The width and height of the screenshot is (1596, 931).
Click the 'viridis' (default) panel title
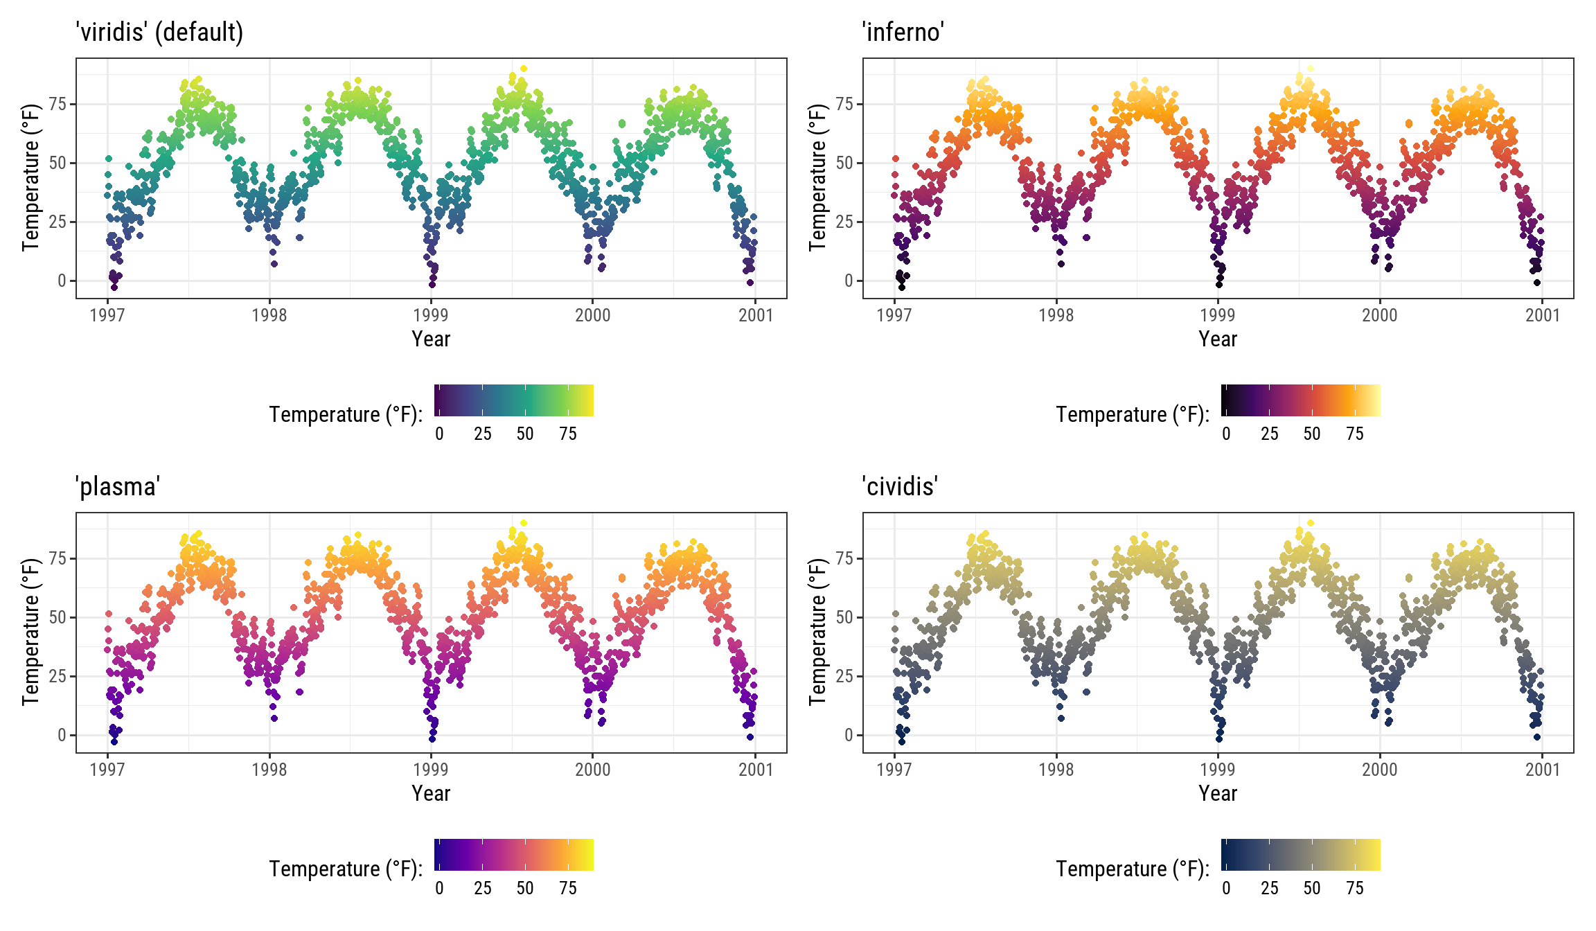tap(159, 32)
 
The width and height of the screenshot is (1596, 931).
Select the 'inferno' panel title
tap(903, 32)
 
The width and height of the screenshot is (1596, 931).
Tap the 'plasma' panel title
tap(118, 486)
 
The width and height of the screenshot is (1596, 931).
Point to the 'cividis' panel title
tap(900, 486)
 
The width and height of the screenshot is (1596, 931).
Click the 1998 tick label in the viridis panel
tap(269, 315)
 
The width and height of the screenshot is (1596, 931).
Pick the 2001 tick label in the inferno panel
tap(1542, 315)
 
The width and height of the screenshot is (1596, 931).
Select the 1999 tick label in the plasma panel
tap(431, 770)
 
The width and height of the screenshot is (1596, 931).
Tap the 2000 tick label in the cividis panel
tap(1380, 770)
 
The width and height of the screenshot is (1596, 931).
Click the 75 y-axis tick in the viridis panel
tap(57, 104)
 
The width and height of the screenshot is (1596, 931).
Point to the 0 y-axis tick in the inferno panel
tap(849, 281)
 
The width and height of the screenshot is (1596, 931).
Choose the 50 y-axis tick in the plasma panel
tap(57, 617)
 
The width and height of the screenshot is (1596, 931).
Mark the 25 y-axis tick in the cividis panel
tap(844, 676)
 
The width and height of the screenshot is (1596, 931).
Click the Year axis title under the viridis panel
tap(431, 339)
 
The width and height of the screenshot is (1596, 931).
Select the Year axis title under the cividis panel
tap(1218, 793)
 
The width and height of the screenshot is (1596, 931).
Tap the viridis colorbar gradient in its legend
tap(514, 400)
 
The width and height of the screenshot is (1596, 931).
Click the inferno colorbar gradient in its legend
tap(1301, 400)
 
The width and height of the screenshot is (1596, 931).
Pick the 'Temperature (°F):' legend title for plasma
tap(346, 869)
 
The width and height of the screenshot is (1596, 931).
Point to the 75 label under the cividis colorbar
tap(1355, 888)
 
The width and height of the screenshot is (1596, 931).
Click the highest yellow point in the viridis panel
tap(524, 69)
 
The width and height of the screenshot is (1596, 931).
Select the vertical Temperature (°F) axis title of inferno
tap(818, 177)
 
